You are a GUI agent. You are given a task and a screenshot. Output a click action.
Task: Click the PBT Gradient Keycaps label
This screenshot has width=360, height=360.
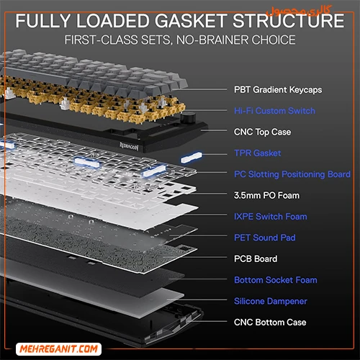coord(278,90)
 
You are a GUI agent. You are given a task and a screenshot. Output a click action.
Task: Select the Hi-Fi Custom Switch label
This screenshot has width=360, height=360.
coord(274,111)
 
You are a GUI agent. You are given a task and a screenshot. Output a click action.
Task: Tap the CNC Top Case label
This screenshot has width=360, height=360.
coord(262,132)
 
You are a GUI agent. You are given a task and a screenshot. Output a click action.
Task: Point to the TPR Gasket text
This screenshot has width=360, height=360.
coord(258,153)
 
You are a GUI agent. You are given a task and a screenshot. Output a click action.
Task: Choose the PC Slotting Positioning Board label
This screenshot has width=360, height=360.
coord(292,174)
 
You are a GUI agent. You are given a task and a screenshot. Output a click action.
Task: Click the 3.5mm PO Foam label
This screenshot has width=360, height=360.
coord(266,195)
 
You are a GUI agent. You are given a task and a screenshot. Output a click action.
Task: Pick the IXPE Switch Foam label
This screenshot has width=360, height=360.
coord(271,217)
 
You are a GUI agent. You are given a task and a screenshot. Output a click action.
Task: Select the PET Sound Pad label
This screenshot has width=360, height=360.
coord(265,238)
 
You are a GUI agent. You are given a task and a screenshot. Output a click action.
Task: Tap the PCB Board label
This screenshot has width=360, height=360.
coord(256,258)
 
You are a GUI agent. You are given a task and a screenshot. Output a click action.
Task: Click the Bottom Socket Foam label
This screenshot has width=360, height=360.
coord(276,280)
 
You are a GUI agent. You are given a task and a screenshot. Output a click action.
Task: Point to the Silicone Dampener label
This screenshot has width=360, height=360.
coord(271,301)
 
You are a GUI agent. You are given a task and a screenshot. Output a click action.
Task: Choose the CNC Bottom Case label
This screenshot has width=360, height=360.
coord(270,323)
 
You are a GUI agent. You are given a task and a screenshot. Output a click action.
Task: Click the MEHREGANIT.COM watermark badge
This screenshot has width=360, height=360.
coord(58,349)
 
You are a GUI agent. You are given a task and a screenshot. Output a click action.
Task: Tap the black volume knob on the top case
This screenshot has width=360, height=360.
coord(186,118)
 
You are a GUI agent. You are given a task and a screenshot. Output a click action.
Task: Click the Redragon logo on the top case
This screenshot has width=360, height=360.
coord(129,146)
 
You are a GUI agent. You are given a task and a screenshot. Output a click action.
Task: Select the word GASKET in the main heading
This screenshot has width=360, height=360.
coord(191,21)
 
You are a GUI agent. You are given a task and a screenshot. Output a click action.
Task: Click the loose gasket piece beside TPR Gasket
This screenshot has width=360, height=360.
coord(192,157)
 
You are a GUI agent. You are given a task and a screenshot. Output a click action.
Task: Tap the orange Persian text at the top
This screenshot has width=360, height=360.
coord(299,11)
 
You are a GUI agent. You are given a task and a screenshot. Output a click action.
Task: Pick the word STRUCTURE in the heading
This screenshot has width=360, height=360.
coord(289,21)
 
